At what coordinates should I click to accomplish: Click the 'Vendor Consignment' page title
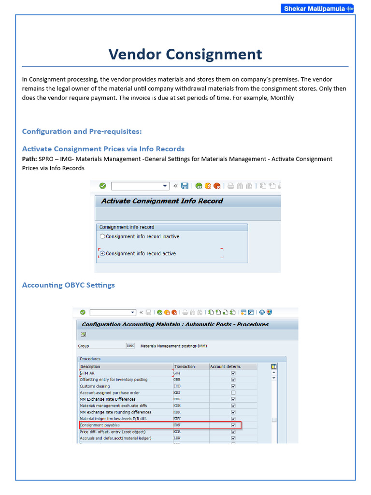click(x=185, y=54)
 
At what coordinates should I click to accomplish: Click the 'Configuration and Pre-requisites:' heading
click(x=82, y=131)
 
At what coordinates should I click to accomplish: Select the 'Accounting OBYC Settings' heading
click(x=68, y=285)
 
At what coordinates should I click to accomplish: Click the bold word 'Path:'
click(x=29, y=159)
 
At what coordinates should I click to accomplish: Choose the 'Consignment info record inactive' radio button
click(x=102, y=236)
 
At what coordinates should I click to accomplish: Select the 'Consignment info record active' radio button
click(x=102, y=253)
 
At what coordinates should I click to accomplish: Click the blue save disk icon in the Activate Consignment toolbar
click(x=185, y=186)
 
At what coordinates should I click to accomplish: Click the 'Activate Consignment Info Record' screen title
click(x=162, y=201)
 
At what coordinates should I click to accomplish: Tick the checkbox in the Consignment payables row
click(x=233, y=425)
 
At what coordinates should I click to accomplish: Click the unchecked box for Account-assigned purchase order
click(x=233, y=393)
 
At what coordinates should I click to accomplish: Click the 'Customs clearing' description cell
click(x=95, y=386)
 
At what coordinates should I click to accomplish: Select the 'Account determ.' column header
click(x=225, y=366)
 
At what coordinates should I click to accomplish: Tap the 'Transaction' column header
click(x=184, y=366)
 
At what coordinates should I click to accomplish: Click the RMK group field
click(x=130, y=346)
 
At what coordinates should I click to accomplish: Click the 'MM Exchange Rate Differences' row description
click(x=108, y=399)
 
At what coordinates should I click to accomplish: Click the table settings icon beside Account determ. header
click(x=274, y=366)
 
